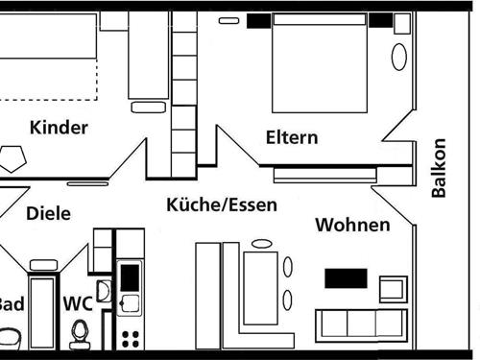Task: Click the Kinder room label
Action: pyautogui.click(x=59, y=128)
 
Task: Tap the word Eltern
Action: pyautogui.click(x=292, y=137)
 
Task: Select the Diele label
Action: pyautogui.click(x=48, y=213)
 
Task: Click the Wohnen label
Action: pyautogui.click(x=352, y=226)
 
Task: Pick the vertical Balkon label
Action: pyautogui.click(x=439, y=168)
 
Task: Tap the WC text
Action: pyautogui.click(x=78, y=303)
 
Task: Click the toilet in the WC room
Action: pyautogui.click(x=80, y=332)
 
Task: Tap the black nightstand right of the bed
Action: pyautogui.click(x=381, y=20)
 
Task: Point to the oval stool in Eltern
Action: pyautogui.click(x=398, y=56)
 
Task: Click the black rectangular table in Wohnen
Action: pyautogui.click(x=346, y=278)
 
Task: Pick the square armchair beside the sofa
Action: pyautogui.click(x=393, y=287)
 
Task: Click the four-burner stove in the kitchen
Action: pyautogui.click(x=130, y=337)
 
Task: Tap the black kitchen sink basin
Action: pyautogui.click(x=129, y=277)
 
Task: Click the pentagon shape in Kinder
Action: pyautogui.click(x=14, y=157)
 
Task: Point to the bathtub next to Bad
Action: pyautogui.click(x=43, y=313)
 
